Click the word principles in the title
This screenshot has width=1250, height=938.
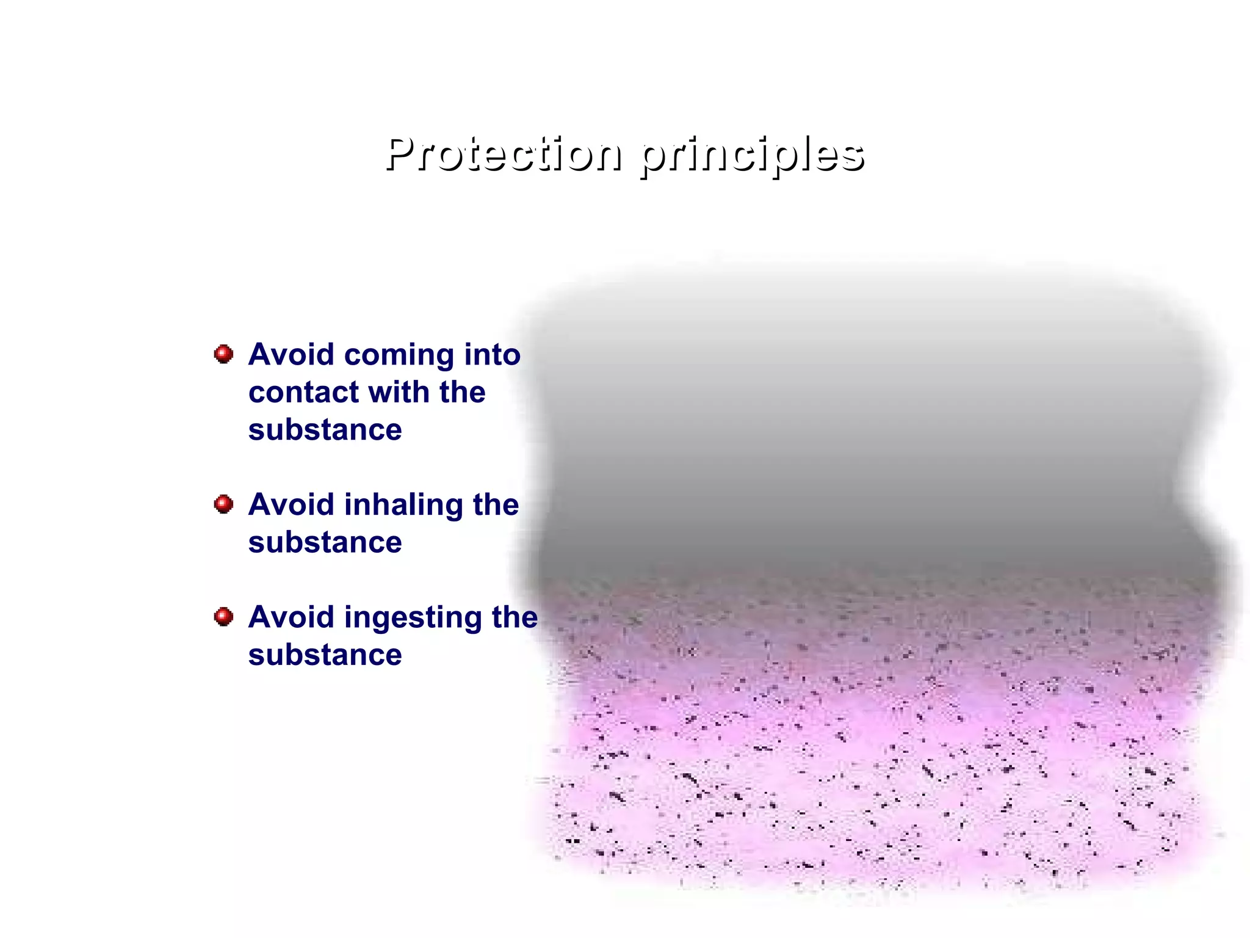pyautogui.click(x=752, y=156)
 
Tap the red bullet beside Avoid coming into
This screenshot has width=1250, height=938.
pyautogui.click(x=224, y=354)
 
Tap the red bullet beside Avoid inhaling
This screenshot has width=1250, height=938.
pyautogui.click(x=224, y=504)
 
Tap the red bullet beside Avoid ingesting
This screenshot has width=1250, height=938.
pyautogui.click(x=224, y=617)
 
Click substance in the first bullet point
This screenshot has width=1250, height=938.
pyautogui.click(x=325, y=430)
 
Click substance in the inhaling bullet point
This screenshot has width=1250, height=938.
pyautogui.click(x=325, y=542)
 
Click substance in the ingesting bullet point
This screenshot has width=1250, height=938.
pyautogui.click(x=325, y=655)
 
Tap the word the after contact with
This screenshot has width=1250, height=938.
pyautogui.click(x=462, y=392)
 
